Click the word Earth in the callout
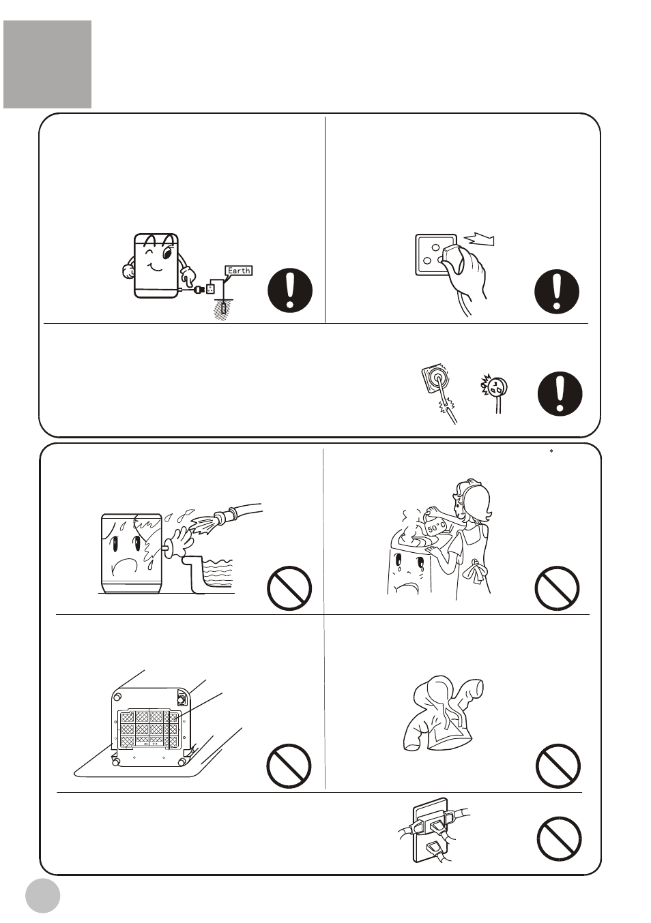239,271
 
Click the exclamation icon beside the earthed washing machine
290,290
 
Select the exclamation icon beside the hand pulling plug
557,291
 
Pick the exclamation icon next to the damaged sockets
560,393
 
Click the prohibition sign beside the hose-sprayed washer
289,588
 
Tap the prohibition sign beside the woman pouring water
557,588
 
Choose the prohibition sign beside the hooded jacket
558,766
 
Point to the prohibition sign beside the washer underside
289,766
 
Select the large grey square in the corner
48,64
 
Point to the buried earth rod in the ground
223,309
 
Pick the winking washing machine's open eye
167,252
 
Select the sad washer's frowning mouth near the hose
128,563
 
